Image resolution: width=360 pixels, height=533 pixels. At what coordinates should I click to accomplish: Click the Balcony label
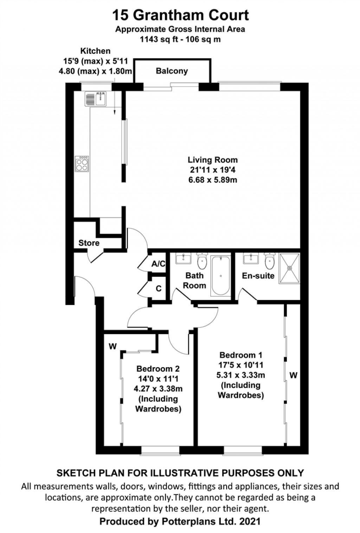(x=172, y=71)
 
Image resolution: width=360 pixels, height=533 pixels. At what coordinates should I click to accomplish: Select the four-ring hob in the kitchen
(x=82, y=164)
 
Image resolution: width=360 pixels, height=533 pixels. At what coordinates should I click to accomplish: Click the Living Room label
(x=212, y=160)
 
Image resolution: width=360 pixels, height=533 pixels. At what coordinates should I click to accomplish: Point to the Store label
(x=89, y=243)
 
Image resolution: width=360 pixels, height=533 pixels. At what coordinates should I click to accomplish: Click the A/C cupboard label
(x=158, y=264)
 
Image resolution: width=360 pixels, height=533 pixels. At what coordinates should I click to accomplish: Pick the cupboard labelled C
(x=159, y=288)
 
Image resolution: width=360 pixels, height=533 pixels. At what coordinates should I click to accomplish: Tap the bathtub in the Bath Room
(x=220, y=276)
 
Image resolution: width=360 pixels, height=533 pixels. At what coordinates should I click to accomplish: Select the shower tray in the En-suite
(x=290, y=268)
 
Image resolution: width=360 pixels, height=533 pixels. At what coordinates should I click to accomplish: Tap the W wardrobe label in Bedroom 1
(x=293, y=375)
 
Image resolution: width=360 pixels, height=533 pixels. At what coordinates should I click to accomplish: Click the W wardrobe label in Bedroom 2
(x=112, y=346)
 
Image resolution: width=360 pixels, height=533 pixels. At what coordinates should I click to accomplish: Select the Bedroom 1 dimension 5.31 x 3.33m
(x=240, y=375)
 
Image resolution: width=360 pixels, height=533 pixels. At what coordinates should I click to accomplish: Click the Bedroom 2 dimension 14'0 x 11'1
(x=158, y=379)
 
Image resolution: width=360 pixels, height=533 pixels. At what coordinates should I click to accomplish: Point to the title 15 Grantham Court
(x=180, y=15)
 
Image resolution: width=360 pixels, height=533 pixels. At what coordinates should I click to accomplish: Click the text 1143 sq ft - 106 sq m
(x=180, y=39)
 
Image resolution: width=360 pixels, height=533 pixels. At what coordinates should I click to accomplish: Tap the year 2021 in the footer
(x=250, y=521)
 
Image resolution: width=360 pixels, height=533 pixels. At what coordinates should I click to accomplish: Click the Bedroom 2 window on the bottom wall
(x=160, y=450)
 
